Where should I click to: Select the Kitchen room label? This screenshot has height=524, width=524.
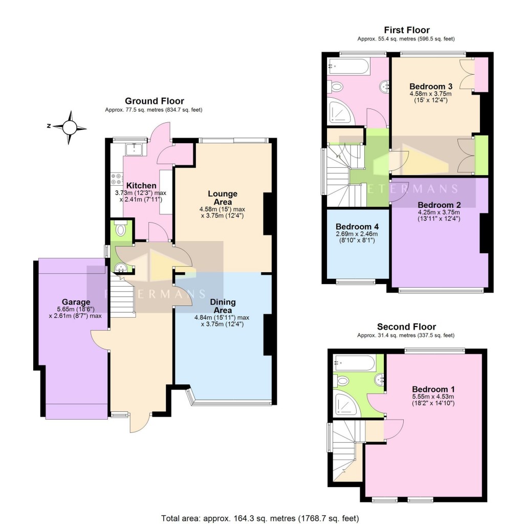138,185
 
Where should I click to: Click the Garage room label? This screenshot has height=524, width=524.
76,302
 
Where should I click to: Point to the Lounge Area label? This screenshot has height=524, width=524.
222,198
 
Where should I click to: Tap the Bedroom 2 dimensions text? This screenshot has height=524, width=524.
439,215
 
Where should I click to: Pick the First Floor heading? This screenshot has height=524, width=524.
406,30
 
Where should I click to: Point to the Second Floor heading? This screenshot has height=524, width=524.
406,326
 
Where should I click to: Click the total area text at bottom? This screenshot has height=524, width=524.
260,517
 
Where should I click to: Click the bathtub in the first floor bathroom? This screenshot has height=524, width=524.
348,65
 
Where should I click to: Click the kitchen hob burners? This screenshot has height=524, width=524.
115,180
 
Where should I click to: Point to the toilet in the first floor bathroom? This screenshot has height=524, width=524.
336,88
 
